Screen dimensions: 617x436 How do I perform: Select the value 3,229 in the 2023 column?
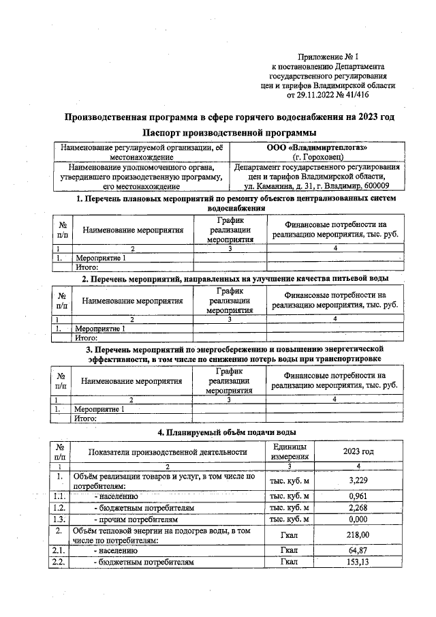358,481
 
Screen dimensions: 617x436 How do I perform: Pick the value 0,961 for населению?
358,496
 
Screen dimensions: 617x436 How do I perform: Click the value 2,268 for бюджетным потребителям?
358,507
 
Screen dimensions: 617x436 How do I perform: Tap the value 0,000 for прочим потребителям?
358,519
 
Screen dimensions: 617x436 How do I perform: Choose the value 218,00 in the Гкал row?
358,535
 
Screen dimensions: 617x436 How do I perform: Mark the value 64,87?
358,550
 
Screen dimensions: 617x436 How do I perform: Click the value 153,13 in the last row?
358,562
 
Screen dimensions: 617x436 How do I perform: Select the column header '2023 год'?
358,451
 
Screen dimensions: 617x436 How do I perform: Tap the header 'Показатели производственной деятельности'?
167,451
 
